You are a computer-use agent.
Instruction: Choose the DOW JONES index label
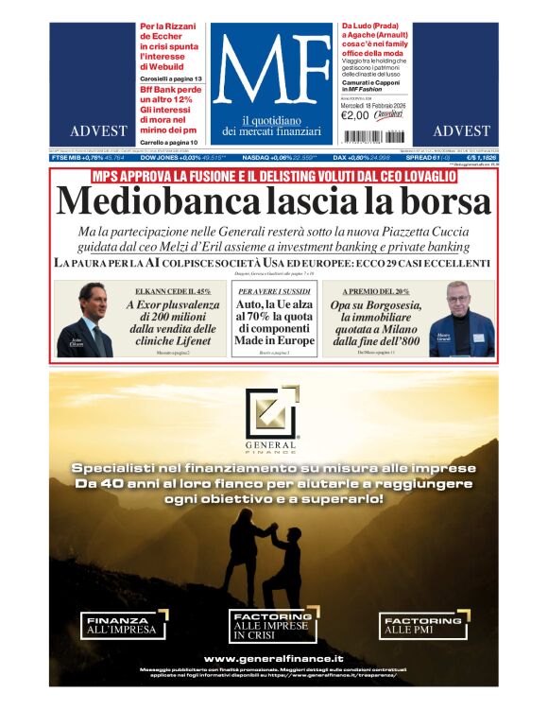click(x=163, y=158)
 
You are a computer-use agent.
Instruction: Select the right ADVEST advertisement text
click(x=461, y=130)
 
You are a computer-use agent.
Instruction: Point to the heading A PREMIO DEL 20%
click(x=375, y=292)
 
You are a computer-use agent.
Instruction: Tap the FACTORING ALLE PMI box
click(x=423, y=624)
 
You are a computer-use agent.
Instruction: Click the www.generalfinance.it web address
click(x=273, y=658)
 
